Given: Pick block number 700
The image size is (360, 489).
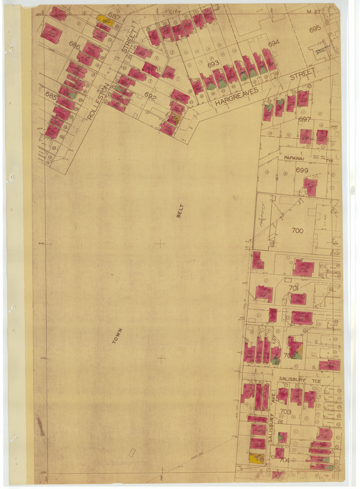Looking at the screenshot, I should click(x=297, y=231).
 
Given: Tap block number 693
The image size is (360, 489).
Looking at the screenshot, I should click(x=213, y=64).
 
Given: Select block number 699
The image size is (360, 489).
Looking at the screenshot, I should click(x=302, y=170).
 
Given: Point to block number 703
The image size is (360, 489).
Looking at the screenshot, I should click(x=286, y=412).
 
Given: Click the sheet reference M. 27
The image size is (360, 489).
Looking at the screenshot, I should click(x=314, y=12).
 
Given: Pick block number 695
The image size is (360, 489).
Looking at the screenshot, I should click(x=315, y=30).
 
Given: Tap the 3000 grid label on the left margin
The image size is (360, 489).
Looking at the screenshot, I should click(x=41, y=244).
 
